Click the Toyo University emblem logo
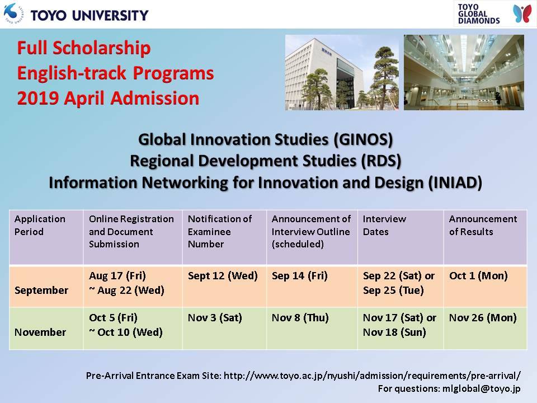pos(13,13)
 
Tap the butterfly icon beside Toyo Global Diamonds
pos(522,13)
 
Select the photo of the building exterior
pos(342,72)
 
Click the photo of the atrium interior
pos(464,72)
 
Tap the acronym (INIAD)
pos(455,182)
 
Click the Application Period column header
pos(40,225)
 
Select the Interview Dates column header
pos(384,225)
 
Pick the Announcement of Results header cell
pos(483,225)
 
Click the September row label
pos(41,290)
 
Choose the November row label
pos(40,332)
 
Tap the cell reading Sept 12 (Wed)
pos(223,276)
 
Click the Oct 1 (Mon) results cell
pos(478,276)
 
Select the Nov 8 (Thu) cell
pos(300,318)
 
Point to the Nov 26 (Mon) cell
pos(483,318)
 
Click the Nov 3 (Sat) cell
pos(215,318)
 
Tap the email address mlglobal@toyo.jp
pos(481,388)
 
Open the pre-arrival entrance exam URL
pos(372,376)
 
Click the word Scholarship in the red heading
pos(101,48)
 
